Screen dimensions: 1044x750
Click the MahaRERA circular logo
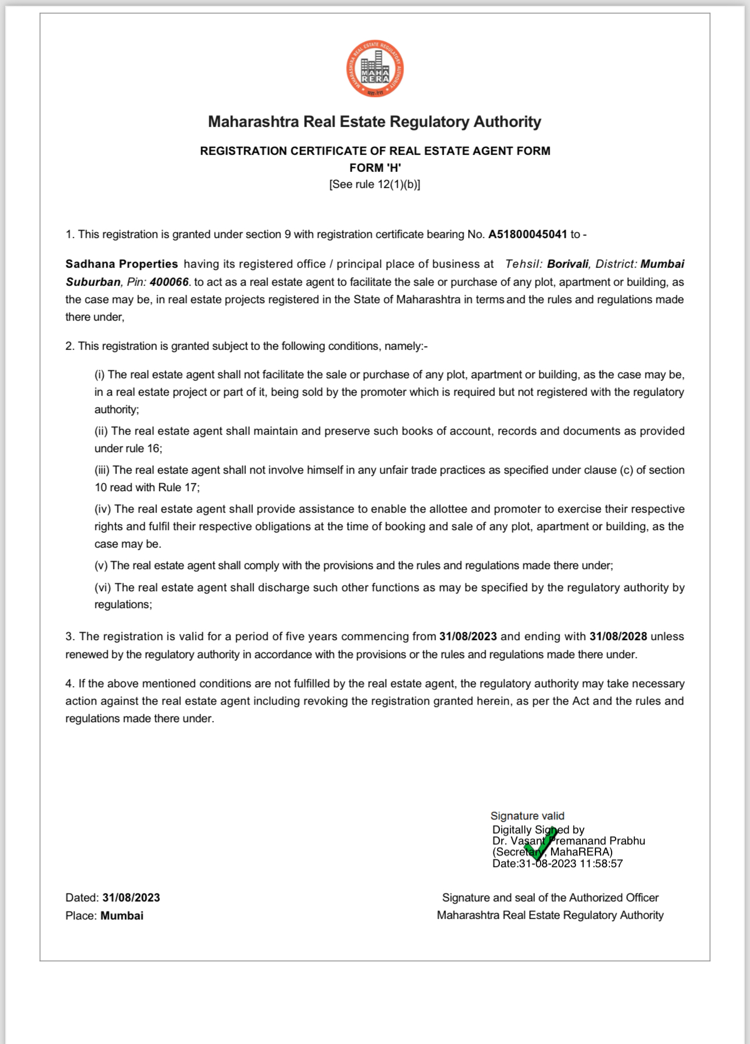pos(375,69)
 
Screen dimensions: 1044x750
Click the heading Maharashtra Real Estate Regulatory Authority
pos(374,122)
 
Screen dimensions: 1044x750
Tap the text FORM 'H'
pos(375,168)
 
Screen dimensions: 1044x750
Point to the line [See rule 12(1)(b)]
pos(374,184)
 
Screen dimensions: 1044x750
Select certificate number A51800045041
pos(527,235)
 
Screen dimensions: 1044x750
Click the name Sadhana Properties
pos(122,264)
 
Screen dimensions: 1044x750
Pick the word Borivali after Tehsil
pos(567,264)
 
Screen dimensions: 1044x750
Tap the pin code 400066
pos(169,282)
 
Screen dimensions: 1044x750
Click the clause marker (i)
pos(100,375)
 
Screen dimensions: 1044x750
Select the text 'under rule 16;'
pos(128,449)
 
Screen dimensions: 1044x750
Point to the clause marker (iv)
pos(103,509)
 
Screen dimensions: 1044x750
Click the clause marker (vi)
pos(103,588)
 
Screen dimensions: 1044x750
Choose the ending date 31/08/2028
pos(618,637)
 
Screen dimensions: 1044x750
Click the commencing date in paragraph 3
pos(468,637)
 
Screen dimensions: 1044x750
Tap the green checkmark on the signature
pos(541,843)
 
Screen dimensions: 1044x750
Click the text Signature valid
pos(527,816)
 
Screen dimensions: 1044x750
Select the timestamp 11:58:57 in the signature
pos(601,864)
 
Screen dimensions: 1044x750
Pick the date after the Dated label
pos(131,898)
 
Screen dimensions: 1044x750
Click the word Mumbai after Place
pos(122,916)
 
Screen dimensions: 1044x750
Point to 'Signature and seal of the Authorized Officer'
pos(550,898)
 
